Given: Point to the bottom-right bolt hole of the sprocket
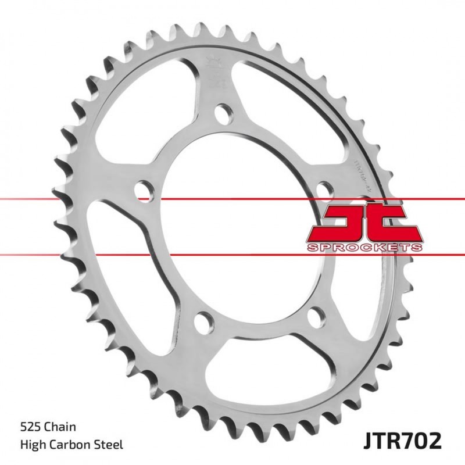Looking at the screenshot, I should [x=314, y=316].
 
